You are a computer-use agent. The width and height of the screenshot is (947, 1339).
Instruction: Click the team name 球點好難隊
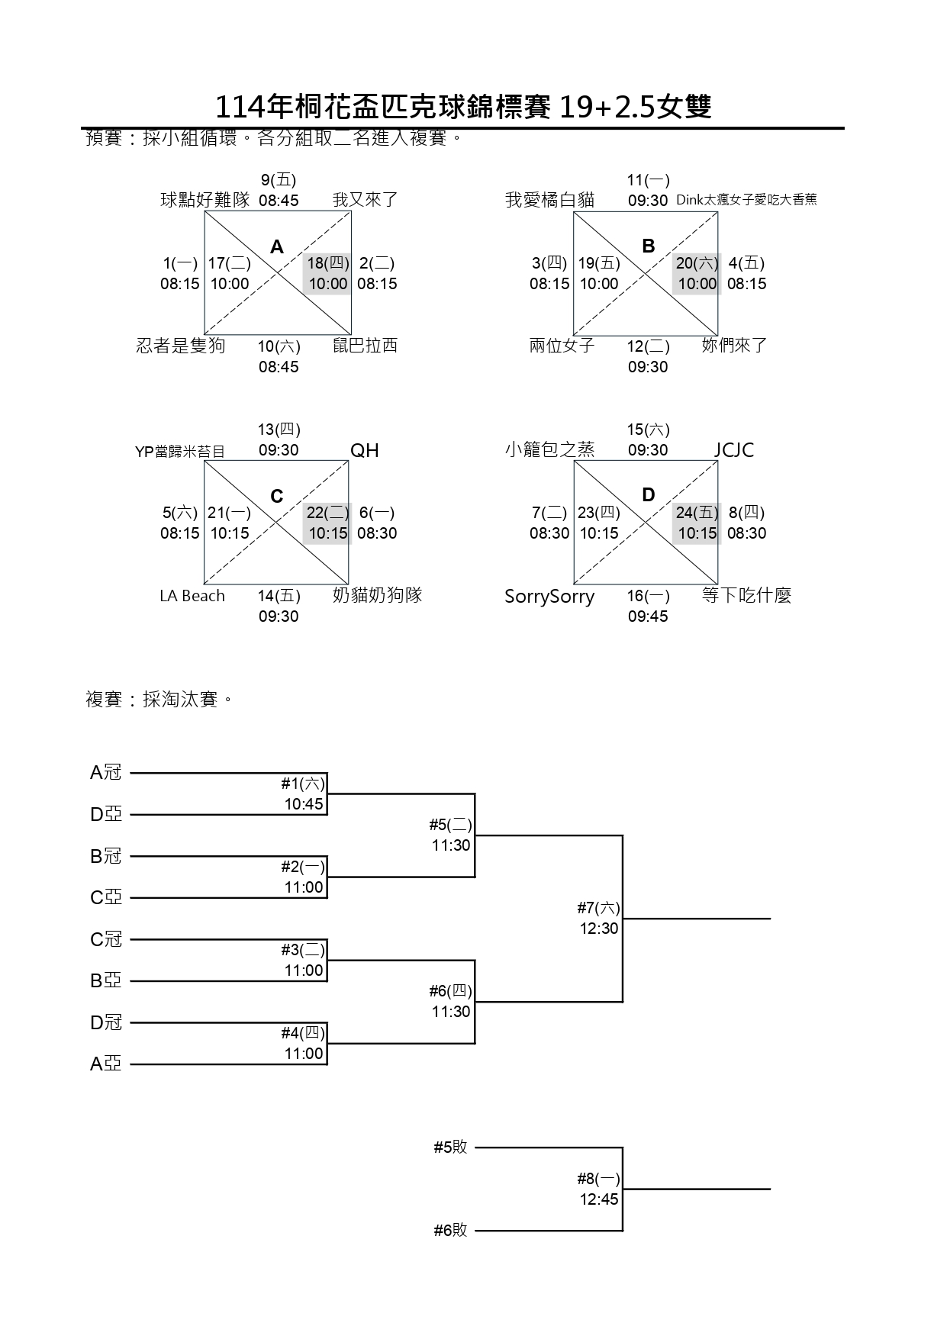[x=205, y=201]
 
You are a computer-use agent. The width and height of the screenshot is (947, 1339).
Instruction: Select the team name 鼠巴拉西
[x=365, y=346]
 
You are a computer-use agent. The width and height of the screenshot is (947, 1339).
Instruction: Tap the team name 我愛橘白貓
[x=549, y=201]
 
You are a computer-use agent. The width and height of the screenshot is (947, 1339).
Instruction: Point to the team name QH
[x=364, y=450]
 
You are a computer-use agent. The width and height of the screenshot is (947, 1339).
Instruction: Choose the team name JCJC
[x=733, y=450]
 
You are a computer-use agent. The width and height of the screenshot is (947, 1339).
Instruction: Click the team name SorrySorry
[x=549, y=597]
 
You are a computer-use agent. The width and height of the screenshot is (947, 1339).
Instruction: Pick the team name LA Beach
[x=192, y=596]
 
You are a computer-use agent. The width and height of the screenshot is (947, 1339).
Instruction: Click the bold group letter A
[x=277, y=246]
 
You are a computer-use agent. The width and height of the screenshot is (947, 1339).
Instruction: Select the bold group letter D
[x=648, y=495]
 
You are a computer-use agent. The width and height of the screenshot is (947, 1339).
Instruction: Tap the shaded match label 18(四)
[x=328, y=264]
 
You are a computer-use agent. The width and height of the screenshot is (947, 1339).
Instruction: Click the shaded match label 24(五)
[x=697, y=513]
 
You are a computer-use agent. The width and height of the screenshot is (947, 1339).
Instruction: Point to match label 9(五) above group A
[x=279, y=181]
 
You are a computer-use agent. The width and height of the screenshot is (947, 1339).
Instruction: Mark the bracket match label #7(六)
[x=598, y=908]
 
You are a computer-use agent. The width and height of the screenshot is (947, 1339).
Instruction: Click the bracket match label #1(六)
[x=303, y=784]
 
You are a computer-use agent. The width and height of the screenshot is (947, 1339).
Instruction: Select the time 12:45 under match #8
[x=598, y=1199]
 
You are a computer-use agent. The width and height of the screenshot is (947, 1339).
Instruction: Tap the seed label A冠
[x=106, y=773]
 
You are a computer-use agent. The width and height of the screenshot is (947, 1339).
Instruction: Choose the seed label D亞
[x=106, y=815]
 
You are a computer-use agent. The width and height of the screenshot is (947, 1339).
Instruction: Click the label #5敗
[x=450, y=1147]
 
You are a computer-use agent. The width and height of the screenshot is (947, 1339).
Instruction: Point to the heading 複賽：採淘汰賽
[x=159, y=700]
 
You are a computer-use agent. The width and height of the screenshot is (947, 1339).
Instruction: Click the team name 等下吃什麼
[x=746, y=596]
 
